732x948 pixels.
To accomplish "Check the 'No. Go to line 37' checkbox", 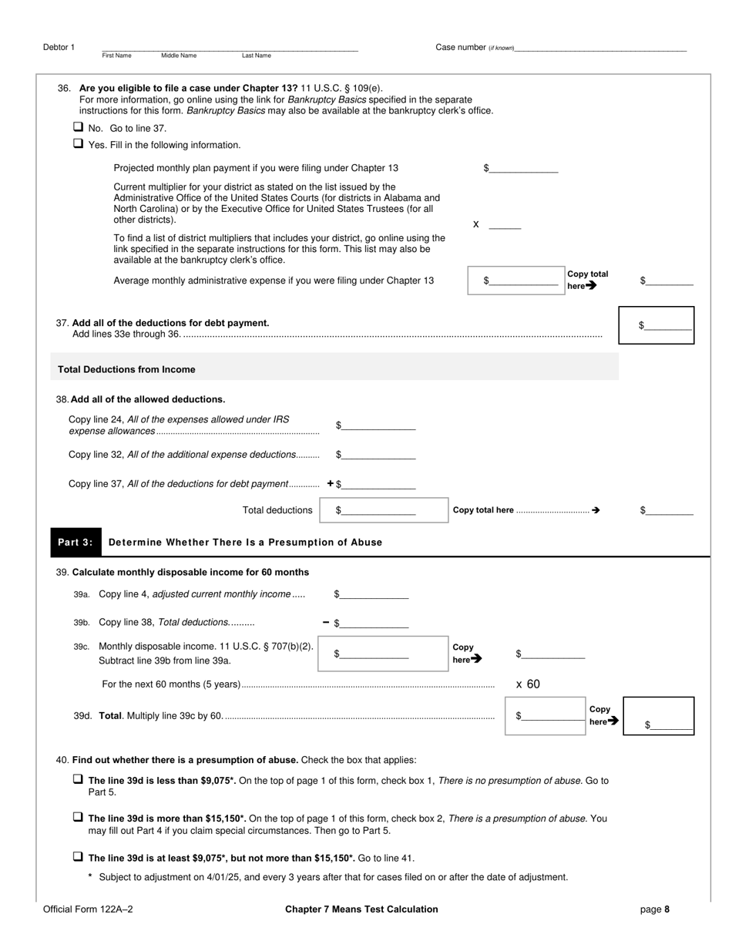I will [x=78, y=127].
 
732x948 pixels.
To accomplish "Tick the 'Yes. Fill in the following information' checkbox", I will [x=78, y=143].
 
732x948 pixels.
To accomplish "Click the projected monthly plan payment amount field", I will [x=523, y=168].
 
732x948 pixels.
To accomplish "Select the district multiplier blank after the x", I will [x=505, y=224].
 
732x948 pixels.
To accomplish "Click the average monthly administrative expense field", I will [x=523, y=281].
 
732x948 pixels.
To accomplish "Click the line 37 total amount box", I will [x=668, y=325].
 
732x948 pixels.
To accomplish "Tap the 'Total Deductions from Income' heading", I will [x=126, y=369].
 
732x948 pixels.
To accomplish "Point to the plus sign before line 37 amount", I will [x=331, y=484].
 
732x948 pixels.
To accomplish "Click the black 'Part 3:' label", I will [x=76, y=542].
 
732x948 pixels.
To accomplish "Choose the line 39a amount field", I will [x=374, y=594].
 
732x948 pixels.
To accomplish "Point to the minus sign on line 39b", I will [x=326, y=623].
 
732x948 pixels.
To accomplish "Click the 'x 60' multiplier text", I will [x=528, y=684].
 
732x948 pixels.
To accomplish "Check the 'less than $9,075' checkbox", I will [x=78, y=779].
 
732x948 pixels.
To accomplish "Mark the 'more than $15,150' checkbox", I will [x=78, y=817].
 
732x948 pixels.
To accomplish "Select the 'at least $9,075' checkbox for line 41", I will [x=78, y=856].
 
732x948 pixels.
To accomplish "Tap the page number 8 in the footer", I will [x=667, y=909].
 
